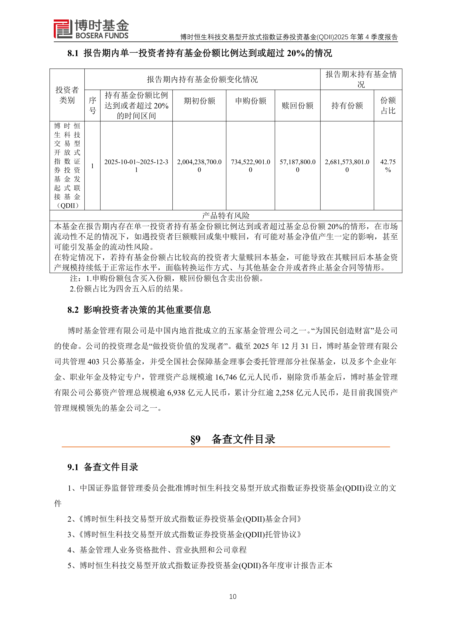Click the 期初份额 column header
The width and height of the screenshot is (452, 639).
point(199,101)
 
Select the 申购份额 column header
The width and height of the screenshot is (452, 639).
point(251,101)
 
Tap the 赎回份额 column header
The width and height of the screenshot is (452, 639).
point(297,105)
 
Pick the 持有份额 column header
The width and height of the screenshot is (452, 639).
point(347,105)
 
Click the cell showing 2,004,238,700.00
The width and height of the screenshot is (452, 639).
point(199,166)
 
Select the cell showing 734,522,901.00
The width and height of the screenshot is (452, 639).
point(251,166)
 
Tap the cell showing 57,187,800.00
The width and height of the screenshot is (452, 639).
point(297,166)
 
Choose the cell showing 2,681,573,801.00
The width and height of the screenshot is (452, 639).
point(347,166)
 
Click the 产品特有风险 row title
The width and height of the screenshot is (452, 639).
point(226,215)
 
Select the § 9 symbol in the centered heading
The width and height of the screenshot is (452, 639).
point(195,439)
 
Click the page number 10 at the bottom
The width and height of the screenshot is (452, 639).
point(233,596)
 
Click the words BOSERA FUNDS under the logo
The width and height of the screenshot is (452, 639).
point(102,36)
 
